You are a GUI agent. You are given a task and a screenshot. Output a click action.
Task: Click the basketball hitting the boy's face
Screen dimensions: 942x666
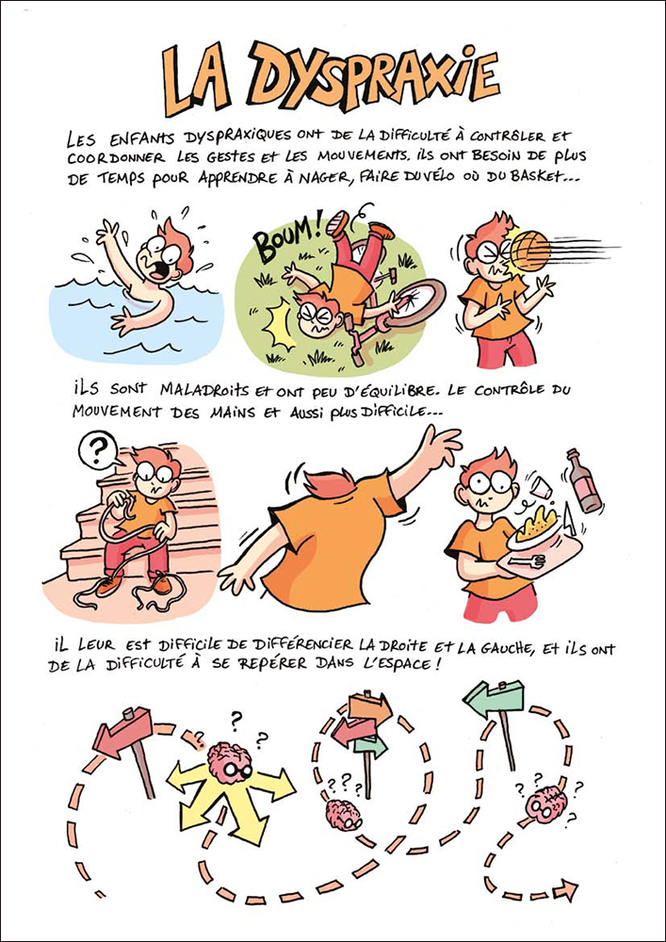point(530,250)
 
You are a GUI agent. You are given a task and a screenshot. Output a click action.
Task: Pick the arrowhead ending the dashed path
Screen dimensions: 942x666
point(565,887)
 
